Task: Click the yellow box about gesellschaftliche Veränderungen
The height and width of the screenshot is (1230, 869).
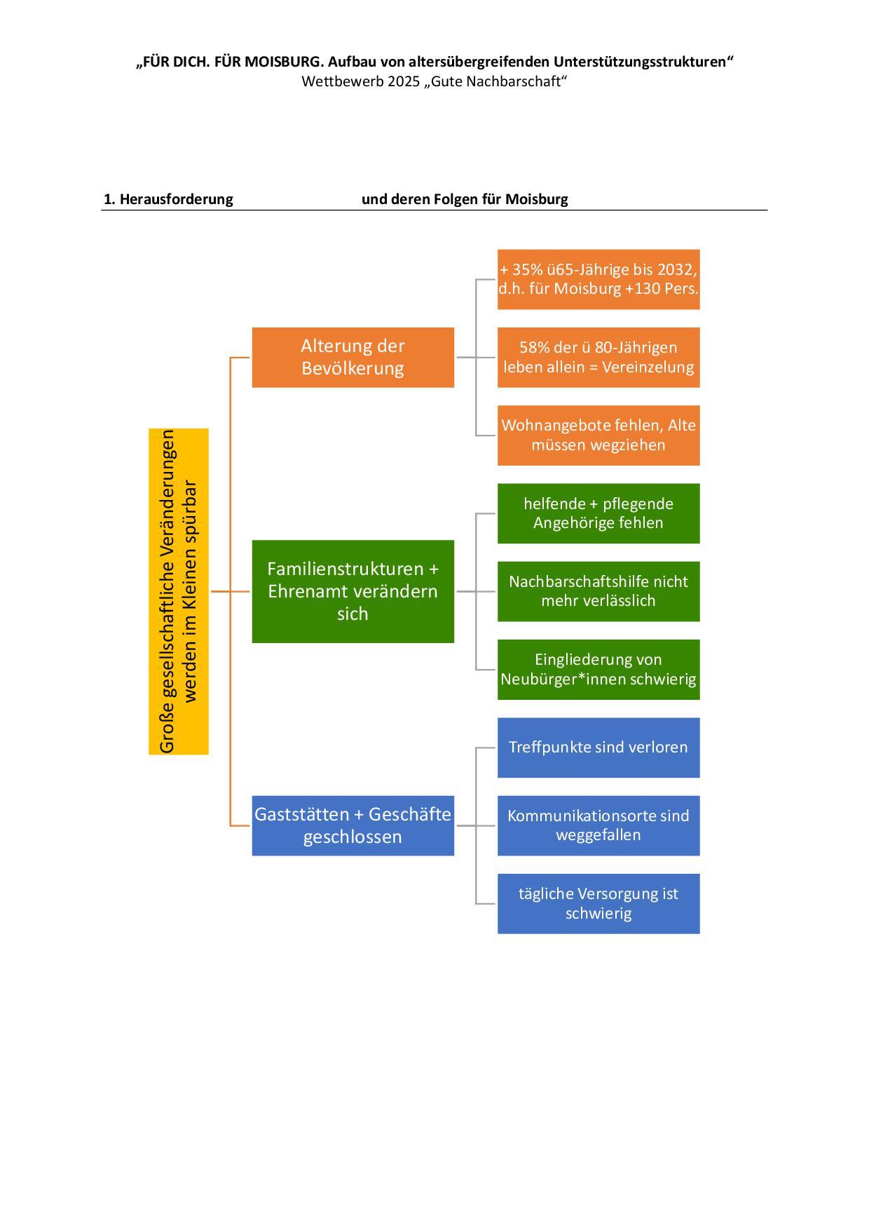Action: tap(179, 591)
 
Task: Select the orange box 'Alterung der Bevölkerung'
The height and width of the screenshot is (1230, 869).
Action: tap(353, 357)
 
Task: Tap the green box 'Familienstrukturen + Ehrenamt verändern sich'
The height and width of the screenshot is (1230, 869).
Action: tap(353, 591)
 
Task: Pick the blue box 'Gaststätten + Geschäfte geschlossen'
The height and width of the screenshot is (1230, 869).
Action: tap(353, 825)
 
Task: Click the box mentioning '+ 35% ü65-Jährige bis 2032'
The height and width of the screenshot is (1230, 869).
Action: tap(598, 279)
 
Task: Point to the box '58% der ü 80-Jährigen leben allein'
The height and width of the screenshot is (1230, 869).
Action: tap(598, 357)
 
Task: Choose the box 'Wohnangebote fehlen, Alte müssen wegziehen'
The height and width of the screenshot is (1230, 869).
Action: tap(598, 435)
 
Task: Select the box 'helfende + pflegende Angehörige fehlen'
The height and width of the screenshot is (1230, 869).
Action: tap(598, 513)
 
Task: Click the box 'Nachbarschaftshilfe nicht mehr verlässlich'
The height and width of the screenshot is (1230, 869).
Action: tap(598, 591)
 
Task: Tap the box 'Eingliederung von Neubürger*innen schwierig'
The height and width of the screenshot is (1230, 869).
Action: tap(598, 669)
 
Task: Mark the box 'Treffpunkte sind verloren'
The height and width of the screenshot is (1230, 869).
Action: tap(598, 748)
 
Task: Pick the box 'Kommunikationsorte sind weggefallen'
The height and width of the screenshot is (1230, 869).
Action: tap(598, 825)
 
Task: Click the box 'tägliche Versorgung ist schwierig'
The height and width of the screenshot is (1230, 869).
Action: tap(598, 903)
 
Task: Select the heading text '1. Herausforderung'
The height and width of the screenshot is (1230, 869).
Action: tap(168, 199)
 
